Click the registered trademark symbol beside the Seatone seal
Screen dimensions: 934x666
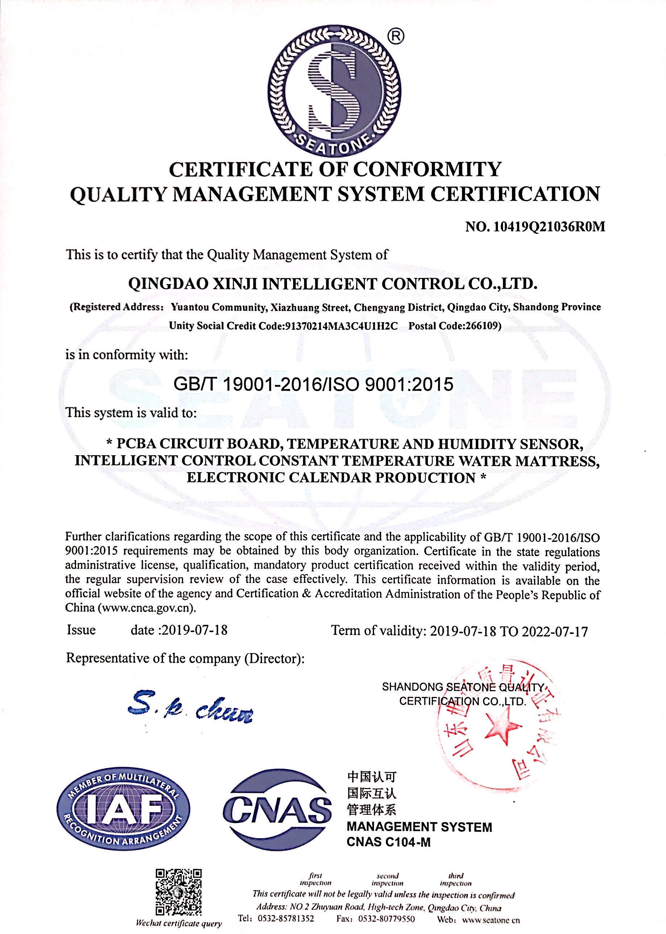(395, 37)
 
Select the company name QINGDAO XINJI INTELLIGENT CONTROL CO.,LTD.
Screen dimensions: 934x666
(333, 284)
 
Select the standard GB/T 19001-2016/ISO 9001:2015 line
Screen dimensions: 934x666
(313, 384)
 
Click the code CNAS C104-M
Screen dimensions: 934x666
(388, 842)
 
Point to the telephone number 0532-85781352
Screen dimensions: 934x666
(286, 919)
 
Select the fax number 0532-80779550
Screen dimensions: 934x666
(386, 919)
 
